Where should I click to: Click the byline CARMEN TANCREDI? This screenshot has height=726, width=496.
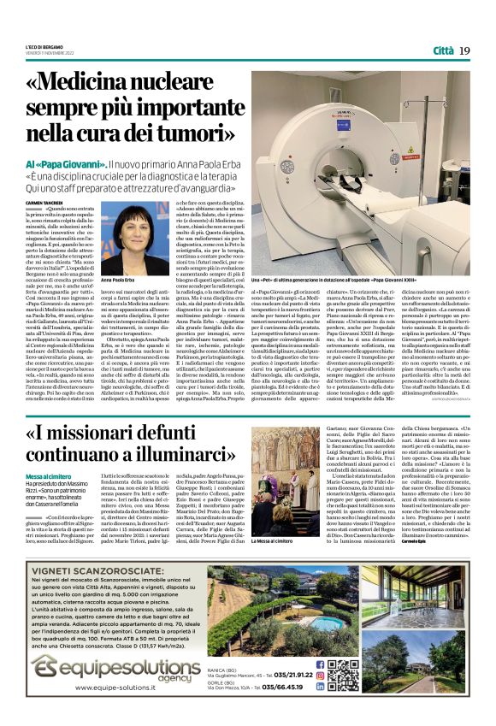[44, 202]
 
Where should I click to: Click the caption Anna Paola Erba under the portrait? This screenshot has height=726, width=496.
[120, 280]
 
